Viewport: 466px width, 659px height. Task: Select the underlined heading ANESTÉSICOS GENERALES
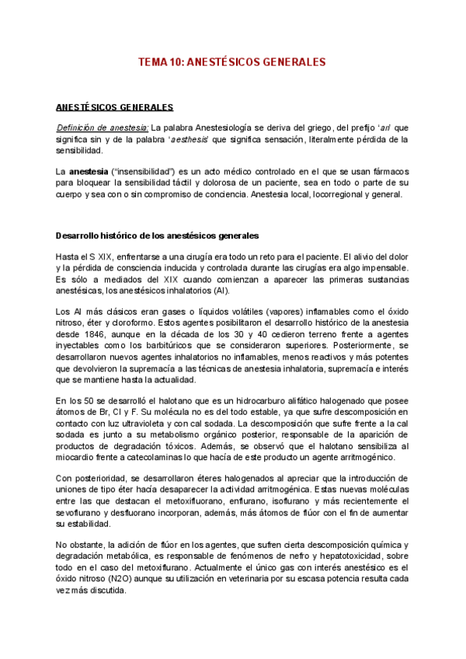114,107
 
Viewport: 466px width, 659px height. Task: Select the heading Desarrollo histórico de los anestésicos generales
158,235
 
